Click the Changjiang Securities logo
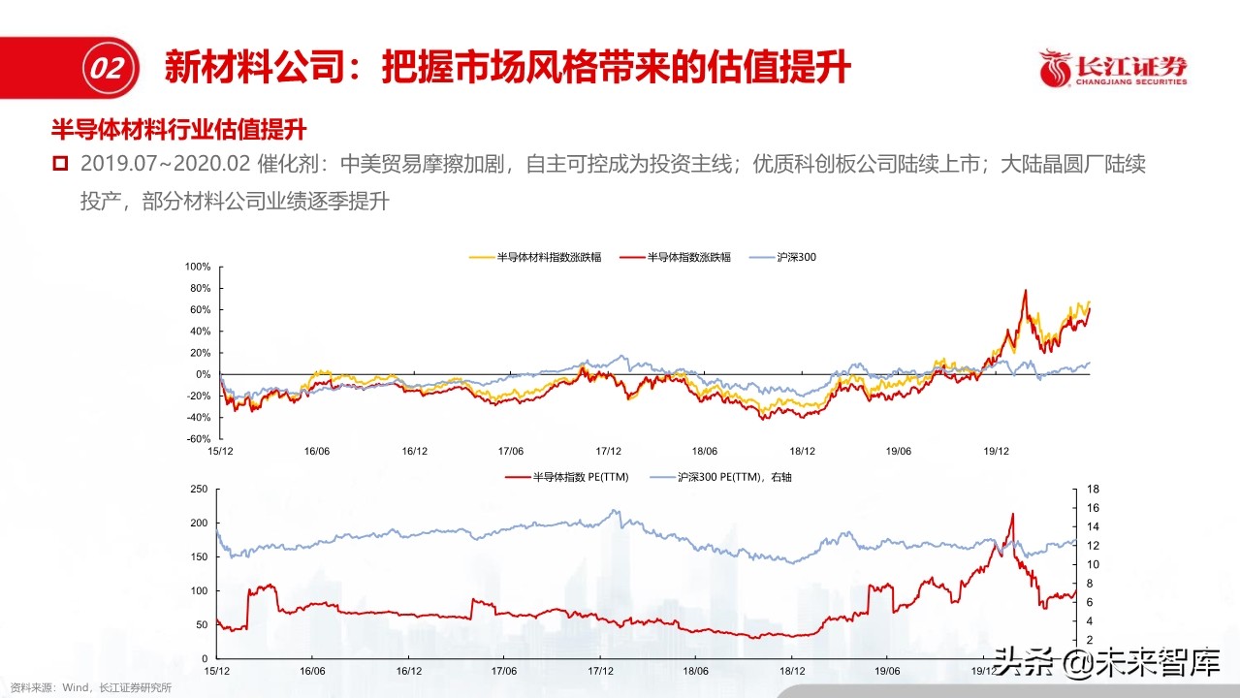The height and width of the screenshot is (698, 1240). pyautogui.click(x=1113, y=69)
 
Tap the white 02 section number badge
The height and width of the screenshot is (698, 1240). pyautogui.click(x=104, y=69)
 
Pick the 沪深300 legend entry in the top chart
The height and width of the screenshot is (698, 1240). pyautogui.click(x=790, y=257)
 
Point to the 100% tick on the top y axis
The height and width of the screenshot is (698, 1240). pyautogui.click(x=198, y=267)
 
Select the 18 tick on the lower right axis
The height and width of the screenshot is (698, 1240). pyautogui.click(x=1091, y=490)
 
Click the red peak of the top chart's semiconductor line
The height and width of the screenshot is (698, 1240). pyautogui.click(x=1025, y=290)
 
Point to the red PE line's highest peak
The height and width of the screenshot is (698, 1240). pyautogui.click(x=1012, y=514)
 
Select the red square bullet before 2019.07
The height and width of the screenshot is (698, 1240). pyautogui.click(x=60, y=164)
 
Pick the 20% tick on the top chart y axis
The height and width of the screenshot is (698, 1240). pyautogui.click(x=200, y=353)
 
